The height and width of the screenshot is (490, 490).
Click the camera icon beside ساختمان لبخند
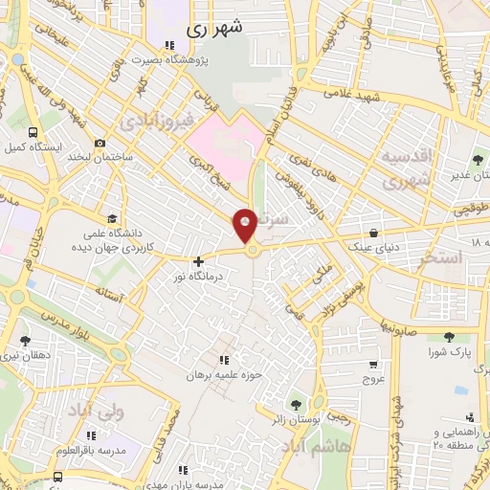pos(100,144)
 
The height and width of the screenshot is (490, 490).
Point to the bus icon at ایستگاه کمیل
pos(34,133)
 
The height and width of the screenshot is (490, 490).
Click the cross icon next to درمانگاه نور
pos(198,260)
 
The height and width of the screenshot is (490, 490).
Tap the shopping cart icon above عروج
pos(372,363)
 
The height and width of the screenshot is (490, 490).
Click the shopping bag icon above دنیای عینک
pos(372,232)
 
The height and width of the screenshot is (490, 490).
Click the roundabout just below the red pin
pos(253,251)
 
